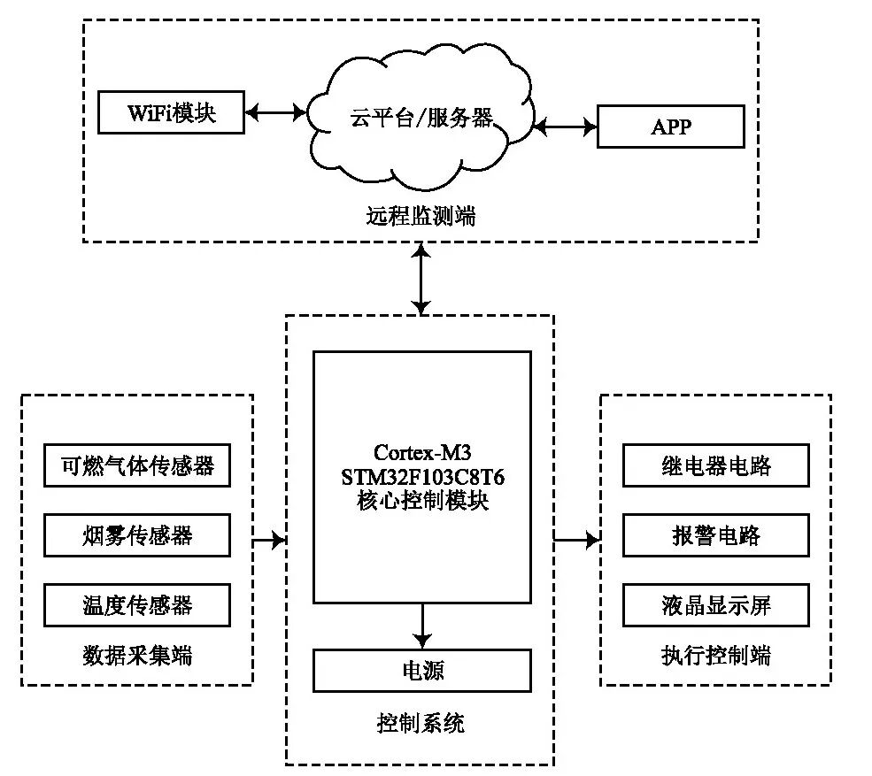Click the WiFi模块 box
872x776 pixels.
171,112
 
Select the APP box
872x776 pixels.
670,127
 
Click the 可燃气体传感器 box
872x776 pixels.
136,465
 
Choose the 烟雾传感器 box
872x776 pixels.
136,535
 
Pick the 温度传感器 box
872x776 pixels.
136,605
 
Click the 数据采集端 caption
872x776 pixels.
136,656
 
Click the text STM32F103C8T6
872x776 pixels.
422,478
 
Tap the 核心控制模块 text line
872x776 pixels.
422,500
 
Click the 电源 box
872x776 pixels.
422,671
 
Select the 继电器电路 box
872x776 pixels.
715,465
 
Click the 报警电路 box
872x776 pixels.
715,535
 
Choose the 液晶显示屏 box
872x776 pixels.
715,605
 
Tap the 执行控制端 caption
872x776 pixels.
715,656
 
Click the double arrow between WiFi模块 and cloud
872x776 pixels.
275,112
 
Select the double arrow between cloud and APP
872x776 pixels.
565,127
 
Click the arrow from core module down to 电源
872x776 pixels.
422,626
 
